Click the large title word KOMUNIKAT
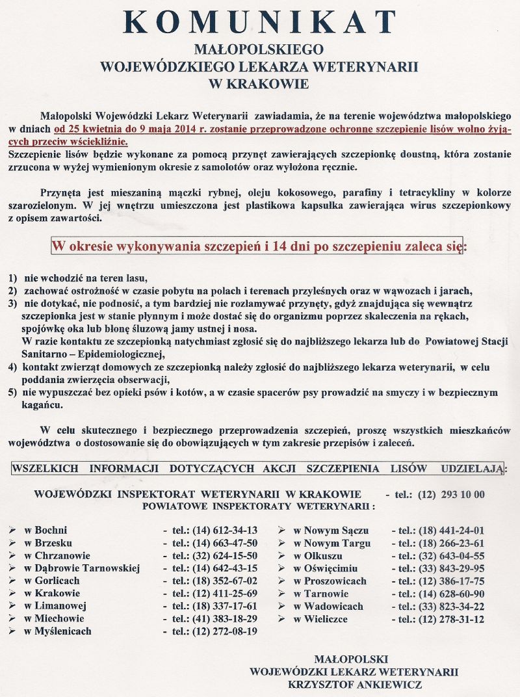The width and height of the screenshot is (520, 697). coord(260,23)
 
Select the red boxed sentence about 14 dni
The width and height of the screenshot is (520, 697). coord(258,246)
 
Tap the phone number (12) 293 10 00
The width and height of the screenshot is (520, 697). coord(454,494)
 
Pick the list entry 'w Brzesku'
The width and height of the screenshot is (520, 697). coord(48,543)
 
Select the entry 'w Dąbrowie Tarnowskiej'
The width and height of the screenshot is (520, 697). coord(82,568)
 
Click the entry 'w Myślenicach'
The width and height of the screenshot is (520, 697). coord(58,631)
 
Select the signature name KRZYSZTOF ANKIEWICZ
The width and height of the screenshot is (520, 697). coord(355,684)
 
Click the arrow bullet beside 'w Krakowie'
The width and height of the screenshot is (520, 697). coord(12,594)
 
